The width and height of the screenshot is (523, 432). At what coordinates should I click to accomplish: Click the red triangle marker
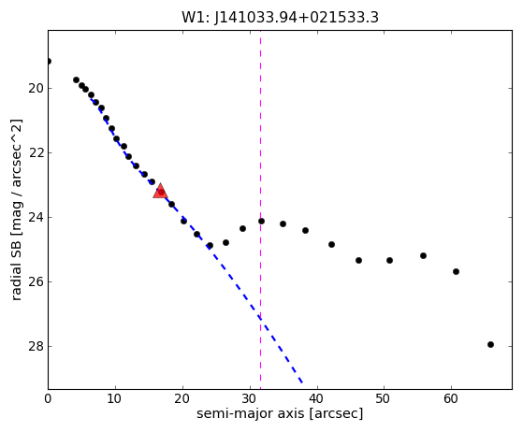(x=160, y=191)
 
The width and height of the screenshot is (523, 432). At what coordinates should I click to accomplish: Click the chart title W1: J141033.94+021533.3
(x=280, y=18)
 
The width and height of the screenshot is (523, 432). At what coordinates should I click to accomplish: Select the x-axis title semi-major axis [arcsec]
(x=280, y=413)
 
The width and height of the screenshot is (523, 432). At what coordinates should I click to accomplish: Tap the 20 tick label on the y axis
(x=36, y=89)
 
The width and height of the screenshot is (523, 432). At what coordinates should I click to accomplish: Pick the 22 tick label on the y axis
(x=36, y=153)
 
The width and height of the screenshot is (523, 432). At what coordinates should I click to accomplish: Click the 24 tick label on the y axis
(x=36, y=217)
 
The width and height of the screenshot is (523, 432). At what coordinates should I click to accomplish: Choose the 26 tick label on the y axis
(x=36, y=282)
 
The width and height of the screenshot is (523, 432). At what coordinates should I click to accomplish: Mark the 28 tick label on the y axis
(x=36, y=346)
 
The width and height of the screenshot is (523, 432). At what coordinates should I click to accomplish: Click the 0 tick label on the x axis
(x=48, y=398)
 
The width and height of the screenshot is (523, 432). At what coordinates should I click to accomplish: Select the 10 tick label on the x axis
(x=115, y=398)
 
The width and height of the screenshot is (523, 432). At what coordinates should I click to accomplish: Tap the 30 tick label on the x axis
(x=250, y=398)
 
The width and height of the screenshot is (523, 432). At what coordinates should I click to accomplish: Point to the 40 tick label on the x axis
(x=317, y=398)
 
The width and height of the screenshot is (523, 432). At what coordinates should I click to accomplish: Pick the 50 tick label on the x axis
(x=384, y=398)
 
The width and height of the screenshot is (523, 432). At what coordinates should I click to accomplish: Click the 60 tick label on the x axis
(x=451, y=398)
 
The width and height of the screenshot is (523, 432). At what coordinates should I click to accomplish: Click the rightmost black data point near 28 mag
(x=490, y=344)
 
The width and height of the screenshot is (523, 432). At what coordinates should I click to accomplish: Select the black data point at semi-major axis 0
(x=49, y=61)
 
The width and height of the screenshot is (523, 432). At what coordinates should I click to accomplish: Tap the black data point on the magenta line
(x=261, y=221)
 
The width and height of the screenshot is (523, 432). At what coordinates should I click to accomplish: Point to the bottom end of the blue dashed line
(x=302, y=382)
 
